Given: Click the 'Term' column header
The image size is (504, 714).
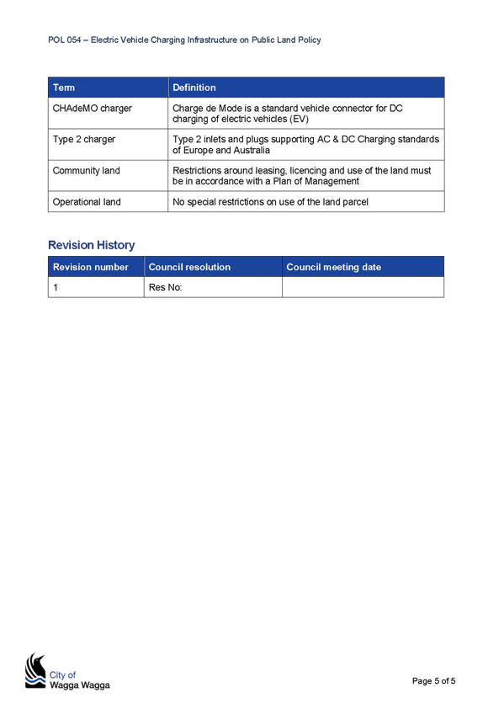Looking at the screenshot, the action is tap(108, 88).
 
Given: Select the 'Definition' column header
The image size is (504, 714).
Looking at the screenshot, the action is tap(306, 88).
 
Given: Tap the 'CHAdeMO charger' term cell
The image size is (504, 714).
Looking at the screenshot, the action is tap(108, 114).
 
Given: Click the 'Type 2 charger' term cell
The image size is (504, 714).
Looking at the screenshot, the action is tap(108, 144).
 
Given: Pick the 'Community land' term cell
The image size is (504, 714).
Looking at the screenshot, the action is tap(108, 176).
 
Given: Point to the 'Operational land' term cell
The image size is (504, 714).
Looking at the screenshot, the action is tap(108, 202).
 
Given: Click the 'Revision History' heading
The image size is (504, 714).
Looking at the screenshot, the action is tap(92, 245).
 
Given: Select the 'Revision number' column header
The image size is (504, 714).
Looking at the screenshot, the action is tap(96, 267).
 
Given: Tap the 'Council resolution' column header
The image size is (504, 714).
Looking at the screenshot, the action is tap(213, 267).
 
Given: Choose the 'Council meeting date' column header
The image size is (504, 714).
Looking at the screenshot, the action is tap(363, 267).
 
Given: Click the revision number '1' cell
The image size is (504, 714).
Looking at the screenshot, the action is tap(96, 287).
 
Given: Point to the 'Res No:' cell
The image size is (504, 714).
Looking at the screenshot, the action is tap(213, 287).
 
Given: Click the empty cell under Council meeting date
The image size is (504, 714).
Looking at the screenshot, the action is tap(363, 287).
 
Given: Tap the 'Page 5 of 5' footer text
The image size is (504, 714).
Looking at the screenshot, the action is tap(433, 681).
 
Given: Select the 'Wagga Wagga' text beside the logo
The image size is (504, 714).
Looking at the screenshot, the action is tap(80, 685).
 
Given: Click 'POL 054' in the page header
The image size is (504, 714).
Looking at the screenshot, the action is tap(65, 40).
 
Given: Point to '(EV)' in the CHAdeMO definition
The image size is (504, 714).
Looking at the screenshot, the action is tap(300, 120).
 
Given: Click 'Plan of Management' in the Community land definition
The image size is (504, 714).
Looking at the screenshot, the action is tap(316, 181).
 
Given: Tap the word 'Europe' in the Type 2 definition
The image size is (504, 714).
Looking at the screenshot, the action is tap(198, 150).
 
